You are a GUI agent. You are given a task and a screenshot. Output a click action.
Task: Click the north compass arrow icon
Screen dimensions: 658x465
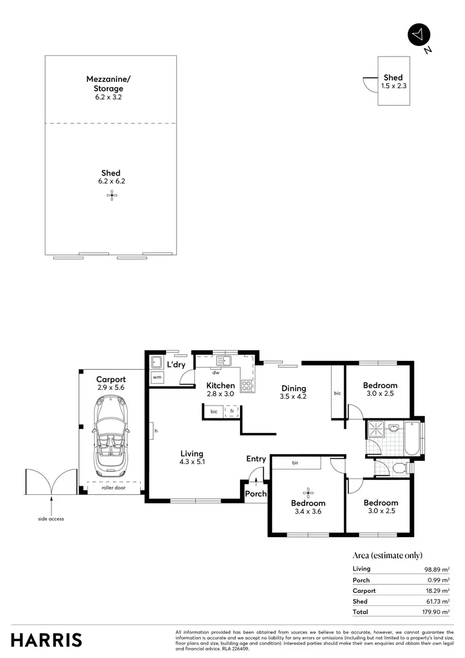418,35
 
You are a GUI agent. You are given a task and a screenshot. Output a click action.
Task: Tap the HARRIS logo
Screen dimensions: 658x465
46,639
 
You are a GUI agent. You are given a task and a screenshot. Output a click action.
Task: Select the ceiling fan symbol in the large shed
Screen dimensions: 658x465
112,196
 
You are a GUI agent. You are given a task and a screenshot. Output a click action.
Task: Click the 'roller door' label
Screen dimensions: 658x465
112,487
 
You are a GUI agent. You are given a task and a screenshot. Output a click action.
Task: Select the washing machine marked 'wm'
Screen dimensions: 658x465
156,377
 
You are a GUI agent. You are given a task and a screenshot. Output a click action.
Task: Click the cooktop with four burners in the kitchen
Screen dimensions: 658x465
246,386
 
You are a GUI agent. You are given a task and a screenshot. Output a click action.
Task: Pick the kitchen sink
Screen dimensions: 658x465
223,360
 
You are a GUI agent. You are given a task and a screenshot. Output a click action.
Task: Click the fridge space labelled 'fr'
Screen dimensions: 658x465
232,411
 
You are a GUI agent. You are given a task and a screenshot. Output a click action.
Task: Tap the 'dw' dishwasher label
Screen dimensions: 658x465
216,373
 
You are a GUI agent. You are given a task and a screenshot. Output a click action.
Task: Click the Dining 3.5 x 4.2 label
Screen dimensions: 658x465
293,391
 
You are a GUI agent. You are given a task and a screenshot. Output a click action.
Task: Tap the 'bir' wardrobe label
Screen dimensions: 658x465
296,463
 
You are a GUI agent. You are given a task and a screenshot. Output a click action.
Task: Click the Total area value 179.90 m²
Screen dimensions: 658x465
436,611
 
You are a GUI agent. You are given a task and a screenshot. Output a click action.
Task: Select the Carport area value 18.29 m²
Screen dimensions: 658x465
438,590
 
